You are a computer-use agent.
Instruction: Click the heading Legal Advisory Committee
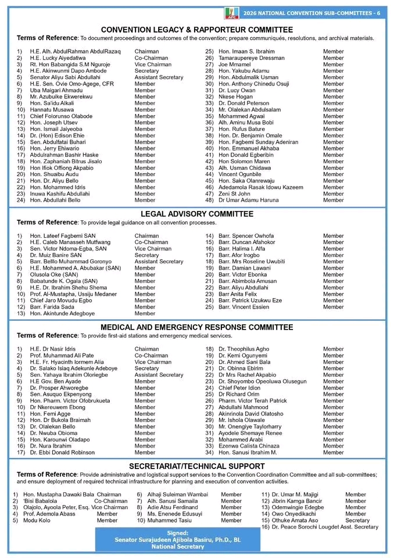196,214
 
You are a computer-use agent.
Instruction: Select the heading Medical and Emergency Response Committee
196,327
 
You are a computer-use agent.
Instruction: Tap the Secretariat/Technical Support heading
196,466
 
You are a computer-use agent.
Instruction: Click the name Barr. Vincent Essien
244,307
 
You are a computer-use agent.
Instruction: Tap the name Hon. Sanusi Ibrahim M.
248,452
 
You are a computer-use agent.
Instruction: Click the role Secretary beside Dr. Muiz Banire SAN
146,255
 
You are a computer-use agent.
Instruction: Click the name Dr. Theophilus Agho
243,349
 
